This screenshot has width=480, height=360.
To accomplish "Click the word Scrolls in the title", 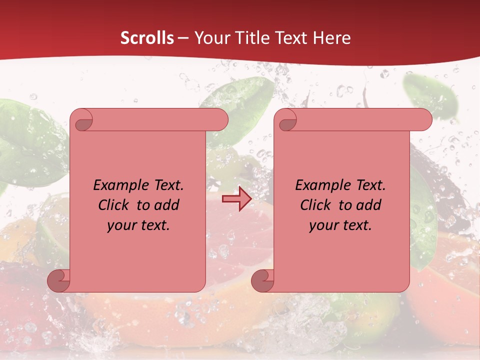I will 147,38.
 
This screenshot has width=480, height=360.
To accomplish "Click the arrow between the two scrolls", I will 236,199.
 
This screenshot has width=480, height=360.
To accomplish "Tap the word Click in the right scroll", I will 315,205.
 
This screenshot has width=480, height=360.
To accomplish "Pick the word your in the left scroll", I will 120,225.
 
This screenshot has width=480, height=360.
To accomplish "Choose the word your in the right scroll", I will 322,225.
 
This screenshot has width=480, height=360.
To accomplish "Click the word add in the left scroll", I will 167,205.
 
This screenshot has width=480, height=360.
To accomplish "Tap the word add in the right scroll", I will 369,205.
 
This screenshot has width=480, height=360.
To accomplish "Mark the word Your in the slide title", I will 210,38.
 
